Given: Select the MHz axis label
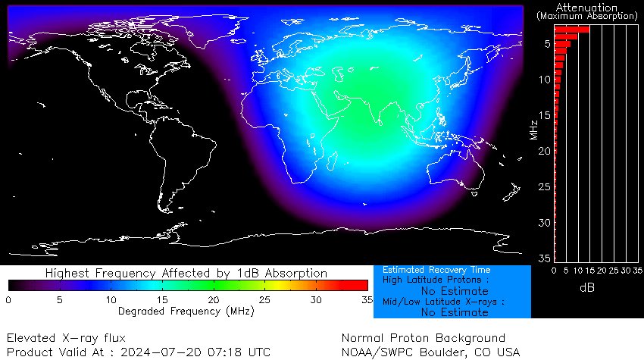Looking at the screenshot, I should [x=535, y=128].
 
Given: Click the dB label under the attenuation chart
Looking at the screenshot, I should [x=587, y=288].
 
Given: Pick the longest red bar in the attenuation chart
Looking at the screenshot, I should [x=572, y=30].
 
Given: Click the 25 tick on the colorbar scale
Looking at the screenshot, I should [x=264, y=300].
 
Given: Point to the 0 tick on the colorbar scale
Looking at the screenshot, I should [x=8, y=300].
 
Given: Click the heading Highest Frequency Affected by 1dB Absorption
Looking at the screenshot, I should [x=186, y=273].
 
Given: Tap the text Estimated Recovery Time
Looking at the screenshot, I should [x=436, y=270].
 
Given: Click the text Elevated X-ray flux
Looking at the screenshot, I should [x=67, y=338].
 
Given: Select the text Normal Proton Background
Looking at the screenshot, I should [x=424, y=338].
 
